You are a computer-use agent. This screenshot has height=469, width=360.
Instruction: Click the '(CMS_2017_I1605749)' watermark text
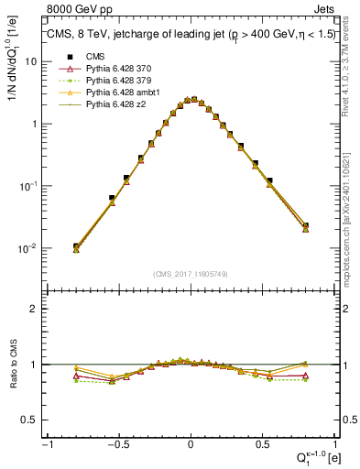tap(190, 274)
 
